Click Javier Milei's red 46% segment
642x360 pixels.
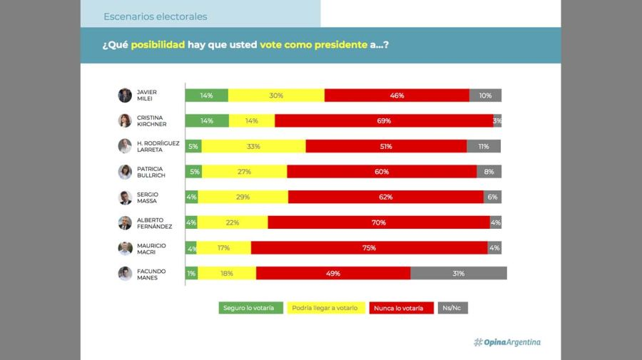coord(397,96)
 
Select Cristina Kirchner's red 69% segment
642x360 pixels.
coord(383,120)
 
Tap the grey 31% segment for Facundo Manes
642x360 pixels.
coord(458,273)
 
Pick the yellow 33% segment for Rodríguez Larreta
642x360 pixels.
coord(253,146)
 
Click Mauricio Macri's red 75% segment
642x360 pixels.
coord(369,248)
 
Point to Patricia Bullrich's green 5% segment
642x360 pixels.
coord(193,171)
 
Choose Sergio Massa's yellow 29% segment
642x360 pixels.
coord(243,197)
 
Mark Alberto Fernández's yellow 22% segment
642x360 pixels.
coord(233,222)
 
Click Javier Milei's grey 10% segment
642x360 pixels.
coord(485,96)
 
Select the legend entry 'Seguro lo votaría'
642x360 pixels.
coord(248,308)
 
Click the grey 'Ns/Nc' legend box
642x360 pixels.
coord(453,308)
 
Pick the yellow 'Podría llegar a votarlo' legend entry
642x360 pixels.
coord(326,308)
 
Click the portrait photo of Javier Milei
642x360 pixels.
coord(125,96)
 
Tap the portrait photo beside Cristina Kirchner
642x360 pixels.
coord(125,120)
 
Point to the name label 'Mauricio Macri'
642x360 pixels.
coord(151,248)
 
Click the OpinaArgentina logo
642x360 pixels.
coord(507,342)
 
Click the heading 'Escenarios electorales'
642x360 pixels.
coord(156,16)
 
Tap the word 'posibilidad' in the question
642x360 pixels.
coord(158,44)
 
